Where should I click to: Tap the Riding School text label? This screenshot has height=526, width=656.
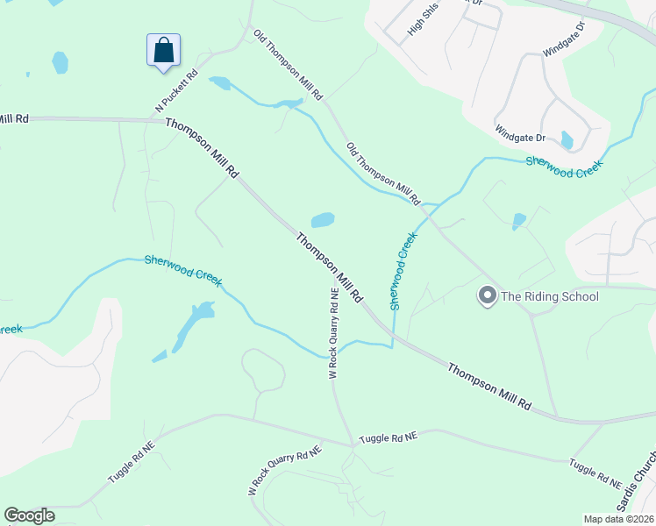click(549, 296)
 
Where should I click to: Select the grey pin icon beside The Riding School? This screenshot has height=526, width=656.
click(487, 296)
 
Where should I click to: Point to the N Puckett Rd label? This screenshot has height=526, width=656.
click(176, 91)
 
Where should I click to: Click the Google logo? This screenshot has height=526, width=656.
click(29, 515)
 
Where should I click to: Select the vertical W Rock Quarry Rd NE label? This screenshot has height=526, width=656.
click(333, 333)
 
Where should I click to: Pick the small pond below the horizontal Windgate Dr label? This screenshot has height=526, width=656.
click(567, 140)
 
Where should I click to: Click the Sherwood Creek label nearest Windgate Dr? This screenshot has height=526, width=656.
click(565, 167)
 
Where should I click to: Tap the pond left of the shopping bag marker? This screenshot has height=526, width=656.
click(60, 62)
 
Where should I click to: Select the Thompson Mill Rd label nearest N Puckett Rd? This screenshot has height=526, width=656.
click(202, 149)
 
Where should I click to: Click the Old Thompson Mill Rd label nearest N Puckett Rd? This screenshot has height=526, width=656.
click(289, 63)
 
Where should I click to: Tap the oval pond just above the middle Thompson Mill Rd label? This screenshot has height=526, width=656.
click(322, 219)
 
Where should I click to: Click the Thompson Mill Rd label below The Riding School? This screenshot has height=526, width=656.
click(489, 387)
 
